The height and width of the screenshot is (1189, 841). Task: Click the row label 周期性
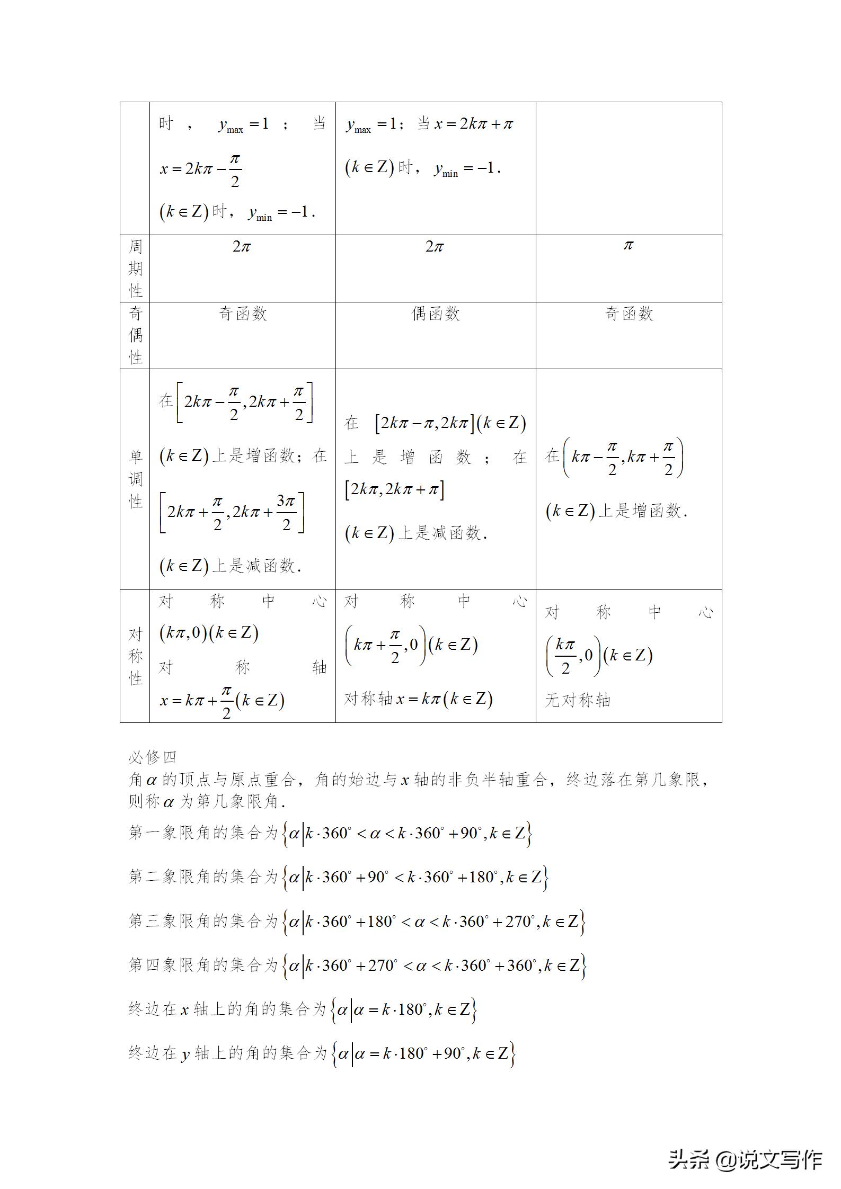[x=136, y=269]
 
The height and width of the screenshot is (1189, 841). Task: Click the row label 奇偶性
[x=136, y=335]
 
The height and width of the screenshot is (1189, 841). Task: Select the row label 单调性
[x=136, y=479]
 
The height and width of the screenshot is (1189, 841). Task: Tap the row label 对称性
[x=136, y=656]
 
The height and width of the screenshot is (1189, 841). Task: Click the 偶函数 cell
[x=436, y=314]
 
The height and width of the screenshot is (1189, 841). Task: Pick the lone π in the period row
[x=628, y=246]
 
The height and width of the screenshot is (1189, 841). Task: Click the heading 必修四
[x=152, y=757]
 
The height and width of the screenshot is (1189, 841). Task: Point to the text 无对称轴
[x=578, y=701]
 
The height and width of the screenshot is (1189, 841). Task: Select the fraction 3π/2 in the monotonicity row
[x=286, y=512]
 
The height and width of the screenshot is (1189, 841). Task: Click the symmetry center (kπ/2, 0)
[x=573, y=656]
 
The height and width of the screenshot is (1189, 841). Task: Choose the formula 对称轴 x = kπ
[x=419, y=699]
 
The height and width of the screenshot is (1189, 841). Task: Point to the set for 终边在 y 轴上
[x=423, y=1054]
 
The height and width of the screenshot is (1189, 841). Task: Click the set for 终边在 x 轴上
[x=404, y=1010]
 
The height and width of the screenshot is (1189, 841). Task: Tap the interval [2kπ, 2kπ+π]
[x=395, y=489]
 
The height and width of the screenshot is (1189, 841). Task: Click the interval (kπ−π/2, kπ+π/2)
[x=623, y=458]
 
